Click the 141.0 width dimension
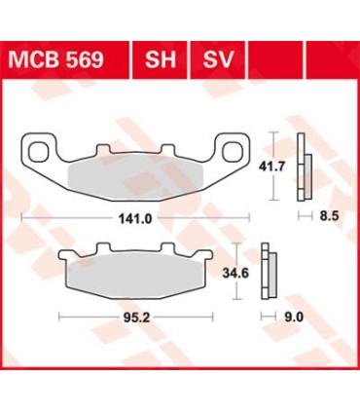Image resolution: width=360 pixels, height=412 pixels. (134, 219)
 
